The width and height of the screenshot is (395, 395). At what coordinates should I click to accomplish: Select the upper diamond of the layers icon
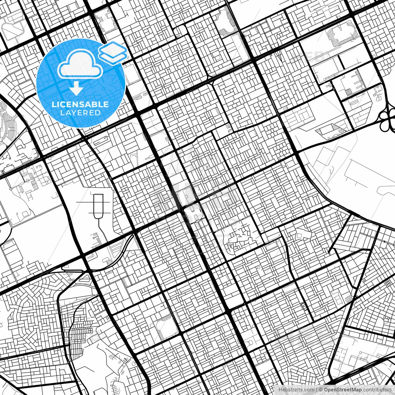point(113,48)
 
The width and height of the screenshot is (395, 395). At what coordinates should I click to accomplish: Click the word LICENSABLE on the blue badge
point(80,104)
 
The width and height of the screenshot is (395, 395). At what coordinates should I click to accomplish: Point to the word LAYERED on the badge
point(80,113)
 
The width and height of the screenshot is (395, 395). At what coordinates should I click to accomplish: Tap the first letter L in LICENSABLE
point(54,104)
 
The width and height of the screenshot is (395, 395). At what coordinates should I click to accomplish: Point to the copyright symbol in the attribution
point(321,390)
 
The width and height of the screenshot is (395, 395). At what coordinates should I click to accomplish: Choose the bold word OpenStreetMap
point(343,390)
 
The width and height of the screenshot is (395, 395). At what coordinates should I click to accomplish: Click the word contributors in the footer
point(377,390)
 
